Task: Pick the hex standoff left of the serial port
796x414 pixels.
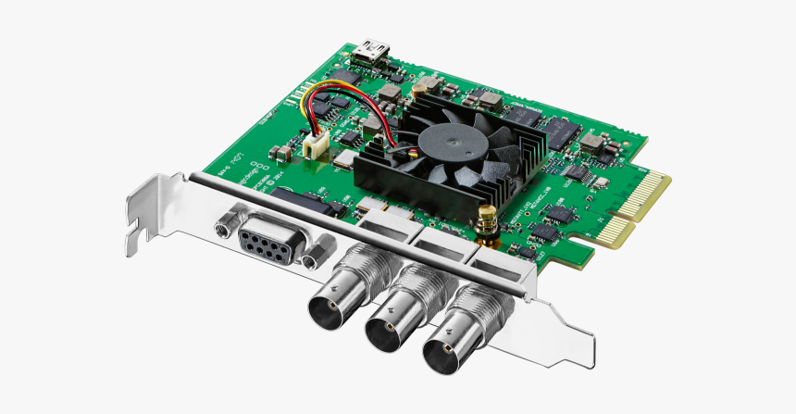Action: point(223,224)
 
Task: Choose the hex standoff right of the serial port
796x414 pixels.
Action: point(317,253)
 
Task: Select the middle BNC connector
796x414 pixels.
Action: point(393,324)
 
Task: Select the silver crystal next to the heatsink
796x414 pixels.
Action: point(343,161)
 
